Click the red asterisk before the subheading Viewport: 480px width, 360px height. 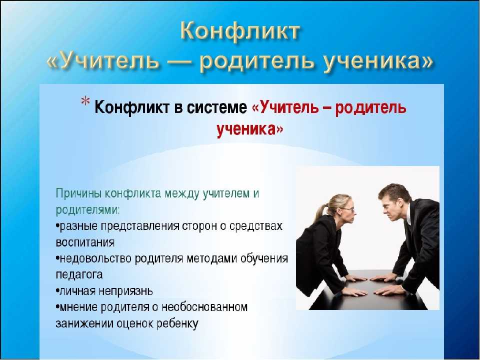[x=85, y=101]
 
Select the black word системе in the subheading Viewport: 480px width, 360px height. [x=216, y=107]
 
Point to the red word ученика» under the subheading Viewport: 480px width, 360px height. [x=250, y=129]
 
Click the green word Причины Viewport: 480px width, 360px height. [x=79, y=194]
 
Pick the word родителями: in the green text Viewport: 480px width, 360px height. [x=87, y=210]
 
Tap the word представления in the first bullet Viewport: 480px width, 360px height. [x=140, y=226]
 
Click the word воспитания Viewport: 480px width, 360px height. [x=85, y=242]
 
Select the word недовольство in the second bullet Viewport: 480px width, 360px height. [x=96, y=258]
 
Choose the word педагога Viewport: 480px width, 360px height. [x=79, y=274]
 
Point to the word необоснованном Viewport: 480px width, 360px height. [x=204, y=306]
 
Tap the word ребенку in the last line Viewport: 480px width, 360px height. [x=177, y=323]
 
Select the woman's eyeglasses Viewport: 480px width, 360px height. [x=348, y=209]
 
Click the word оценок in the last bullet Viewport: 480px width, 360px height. [x=135, y=323]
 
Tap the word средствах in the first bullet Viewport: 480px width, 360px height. [x=256, y=226]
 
